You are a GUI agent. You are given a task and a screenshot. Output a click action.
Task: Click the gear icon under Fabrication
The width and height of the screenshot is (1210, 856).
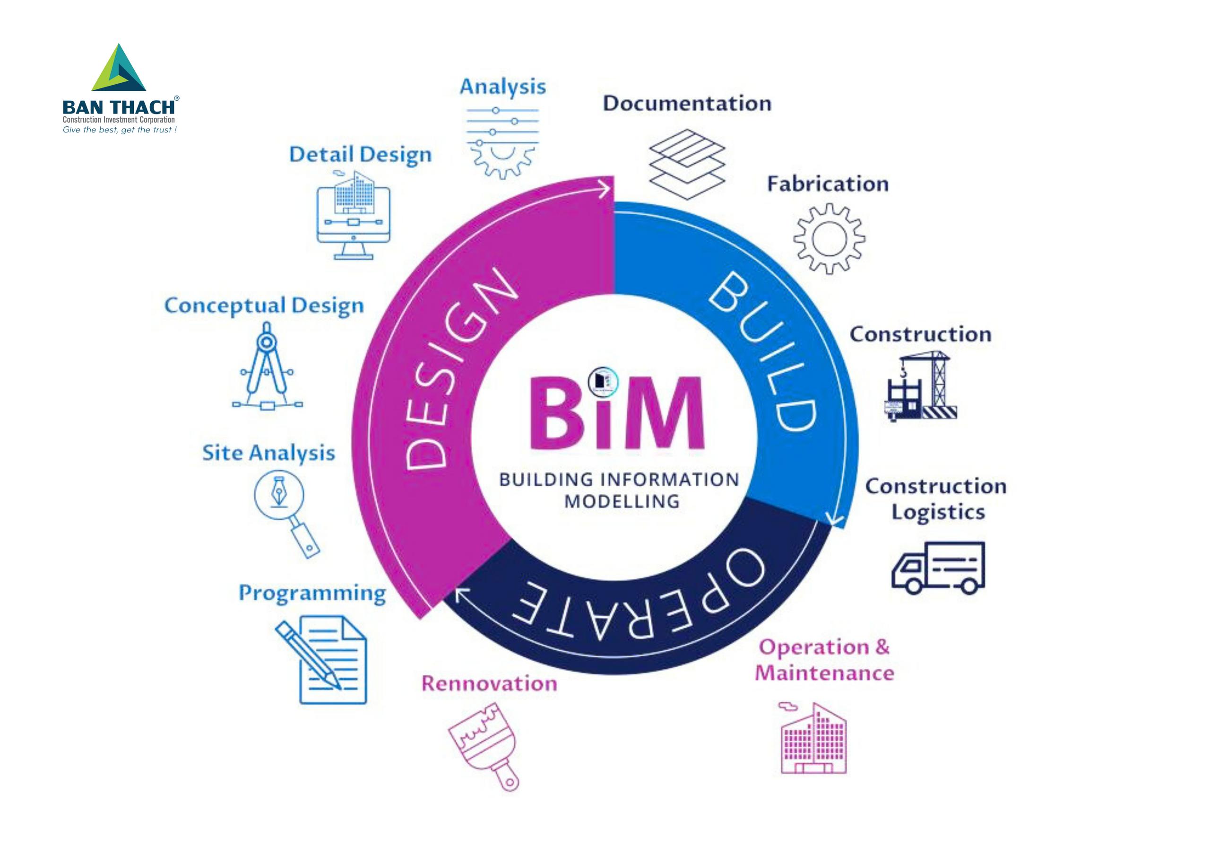pos(830,238)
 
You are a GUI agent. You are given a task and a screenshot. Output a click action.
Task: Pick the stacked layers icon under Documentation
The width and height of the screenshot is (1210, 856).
pos(687,164)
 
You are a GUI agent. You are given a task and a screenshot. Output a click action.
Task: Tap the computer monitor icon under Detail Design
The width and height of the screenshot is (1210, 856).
pos(354,216)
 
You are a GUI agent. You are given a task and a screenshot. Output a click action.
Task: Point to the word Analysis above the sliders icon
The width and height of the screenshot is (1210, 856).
pos(503,87)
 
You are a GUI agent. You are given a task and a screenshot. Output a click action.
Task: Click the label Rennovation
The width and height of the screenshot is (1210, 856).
pos(489,683)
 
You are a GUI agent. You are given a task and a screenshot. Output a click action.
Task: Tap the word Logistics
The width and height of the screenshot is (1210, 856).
pos(938,512)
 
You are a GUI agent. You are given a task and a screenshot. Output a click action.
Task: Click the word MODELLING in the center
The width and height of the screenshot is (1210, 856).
pos(622,501)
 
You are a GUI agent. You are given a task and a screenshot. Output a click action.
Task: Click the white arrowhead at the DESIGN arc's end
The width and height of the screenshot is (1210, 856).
pos(606,188)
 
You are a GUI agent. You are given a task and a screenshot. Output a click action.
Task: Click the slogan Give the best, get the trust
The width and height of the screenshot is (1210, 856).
pos(120,130)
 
